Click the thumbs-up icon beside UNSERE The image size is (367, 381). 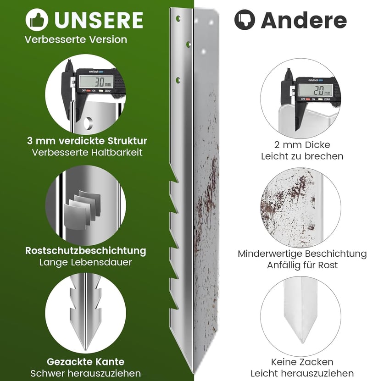37,20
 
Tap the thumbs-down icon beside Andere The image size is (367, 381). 245,20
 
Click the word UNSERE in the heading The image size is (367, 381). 99,20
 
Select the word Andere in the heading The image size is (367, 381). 304,21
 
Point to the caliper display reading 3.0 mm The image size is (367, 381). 96,82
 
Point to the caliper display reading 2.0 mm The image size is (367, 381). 315,90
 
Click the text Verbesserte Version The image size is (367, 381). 76,39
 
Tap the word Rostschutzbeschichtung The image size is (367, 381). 85,250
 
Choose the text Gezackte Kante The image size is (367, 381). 85,362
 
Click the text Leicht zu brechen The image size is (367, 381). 302,156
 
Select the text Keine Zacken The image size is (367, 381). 302,362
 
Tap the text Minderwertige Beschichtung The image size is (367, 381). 302,254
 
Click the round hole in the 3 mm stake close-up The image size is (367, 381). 88,123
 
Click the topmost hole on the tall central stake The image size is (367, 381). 178,18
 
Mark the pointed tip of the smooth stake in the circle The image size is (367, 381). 302,342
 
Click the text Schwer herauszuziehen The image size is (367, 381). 85,373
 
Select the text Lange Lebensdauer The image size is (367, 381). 85,262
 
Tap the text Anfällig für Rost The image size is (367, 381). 302,265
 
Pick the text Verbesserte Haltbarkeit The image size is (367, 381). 87,152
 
